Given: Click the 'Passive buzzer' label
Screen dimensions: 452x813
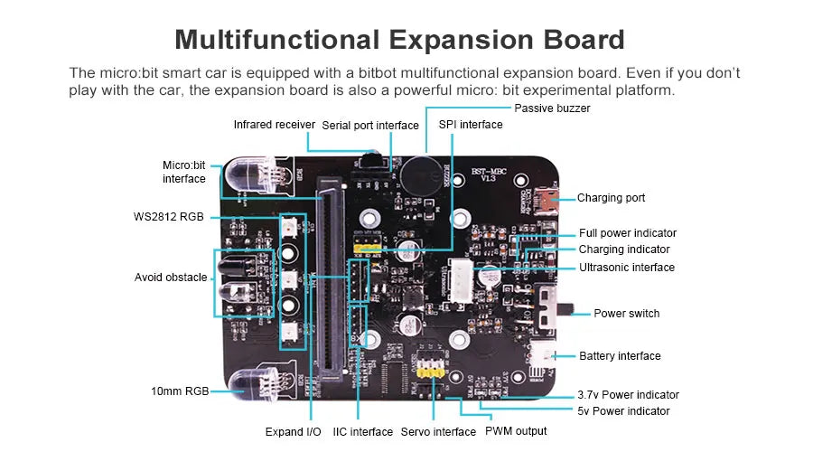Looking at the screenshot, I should (552, 108).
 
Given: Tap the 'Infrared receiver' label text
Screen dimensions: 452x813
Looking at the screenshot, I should (274, 124).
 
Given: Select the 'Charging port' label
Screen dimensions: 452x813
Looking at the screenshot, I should (611, 198).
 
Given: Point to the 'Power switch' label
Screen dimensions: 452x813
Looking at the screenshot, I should (626, 314).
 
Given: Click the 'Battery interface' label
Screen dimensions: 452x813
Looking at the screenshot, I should (620, 356).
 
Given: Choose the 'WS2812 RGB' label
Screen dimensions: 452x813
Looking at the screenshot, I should (168, 216).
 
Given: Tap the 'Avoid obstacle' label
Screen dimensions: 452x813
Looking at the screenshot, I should (171, 278).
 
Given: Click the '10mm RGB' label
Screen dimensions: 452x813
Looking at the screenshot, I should (180, 391).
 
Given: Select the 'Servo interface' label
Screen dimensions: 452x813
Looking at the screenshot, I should (438, 432).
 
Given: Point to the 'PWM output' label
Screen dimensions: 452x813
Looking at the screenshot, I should (516, 431).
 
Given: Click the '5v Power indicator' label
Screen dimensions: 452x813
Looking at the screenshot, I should (624, 411).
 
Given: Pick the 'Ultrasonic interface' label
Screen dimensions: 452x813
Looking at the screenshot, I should (627, 268).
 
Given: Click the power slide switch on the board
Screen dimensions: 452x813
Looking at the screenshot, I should (546, 308).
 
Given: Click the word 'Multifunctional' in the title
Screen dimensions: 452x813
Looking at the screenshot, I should (277, 40).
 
